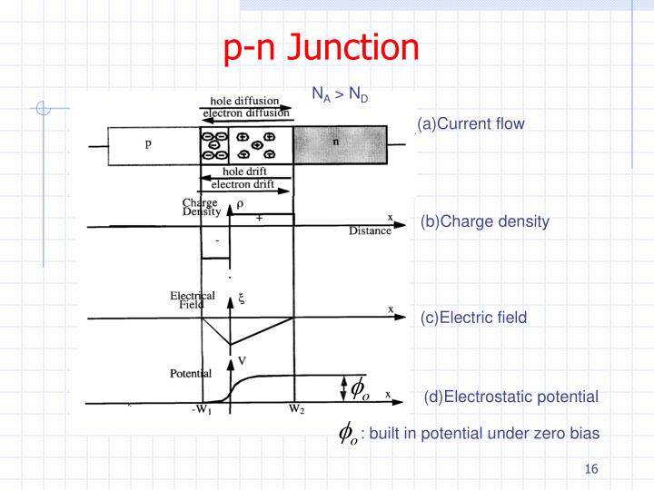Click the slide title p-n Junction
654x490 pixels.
322,48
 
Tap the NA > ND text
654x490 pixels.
340,94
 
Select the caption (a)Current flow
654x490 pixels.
471,123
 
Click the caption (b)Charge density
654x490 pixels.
484,221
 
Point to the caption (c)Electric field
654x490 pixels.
473,318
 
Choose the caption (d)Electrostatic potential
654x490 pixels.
510,397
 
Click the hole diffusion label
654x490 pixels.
244,101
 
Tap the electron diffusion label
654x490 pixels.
246,113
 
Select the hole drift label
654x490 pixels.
246,171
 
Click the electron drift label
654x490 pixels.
246,184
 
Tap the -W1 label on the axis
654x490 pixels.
202,409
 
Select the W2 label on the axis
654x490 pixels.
296,409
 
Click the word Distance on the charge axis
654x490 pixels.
370,231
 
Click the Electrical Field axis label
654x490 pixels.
193,300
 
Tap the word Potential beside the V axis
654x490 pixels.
191,373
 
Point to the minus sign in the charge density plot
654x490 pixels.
216,242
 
